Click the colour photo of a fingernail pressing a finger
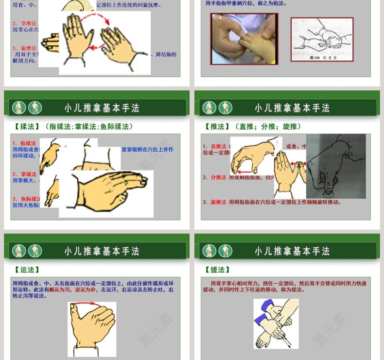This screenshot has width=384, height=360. tap(244, 39)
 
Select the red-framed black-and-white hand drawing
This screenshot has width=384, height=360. tap(322, 40)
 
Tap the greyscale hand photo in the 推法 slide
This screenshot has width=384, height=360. tap(336, 166)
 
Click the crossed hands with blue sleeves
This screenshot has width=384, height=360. tap(276, 323)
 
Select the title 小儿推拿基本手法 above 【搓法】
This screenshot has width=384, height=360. tap(292, 251)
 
